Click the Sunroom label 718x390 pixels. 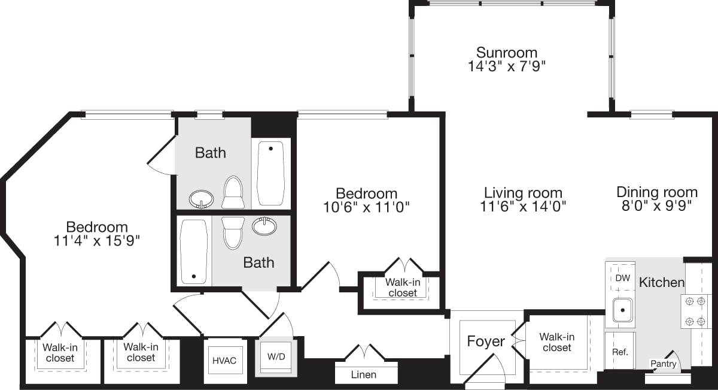point(506,52)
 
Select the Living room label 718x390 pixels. point(523,193)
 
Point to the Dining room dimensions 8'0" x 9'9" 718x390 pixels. point(657,207)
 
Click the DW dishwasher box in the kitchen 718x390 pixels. point(622,278)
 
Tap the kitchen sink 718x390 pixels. point(623,310)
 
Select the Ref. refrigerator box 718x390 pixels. point(620,351)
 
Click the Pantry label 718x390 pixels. point(664,364)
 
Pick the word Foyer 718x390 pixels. point(485,341)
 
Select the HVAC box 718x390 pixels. point(224,360)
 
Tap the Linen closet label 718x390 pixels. point(364,374)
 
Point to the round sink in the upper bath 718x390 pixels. point(202,198)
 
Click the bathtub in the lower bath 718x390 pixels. point(194,252)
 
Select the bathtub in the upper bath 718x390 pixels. point(270,173)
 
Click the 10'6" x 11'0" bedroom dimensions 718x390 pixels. point(366,207)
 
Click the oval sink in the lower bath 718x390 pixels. point(264,226)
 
